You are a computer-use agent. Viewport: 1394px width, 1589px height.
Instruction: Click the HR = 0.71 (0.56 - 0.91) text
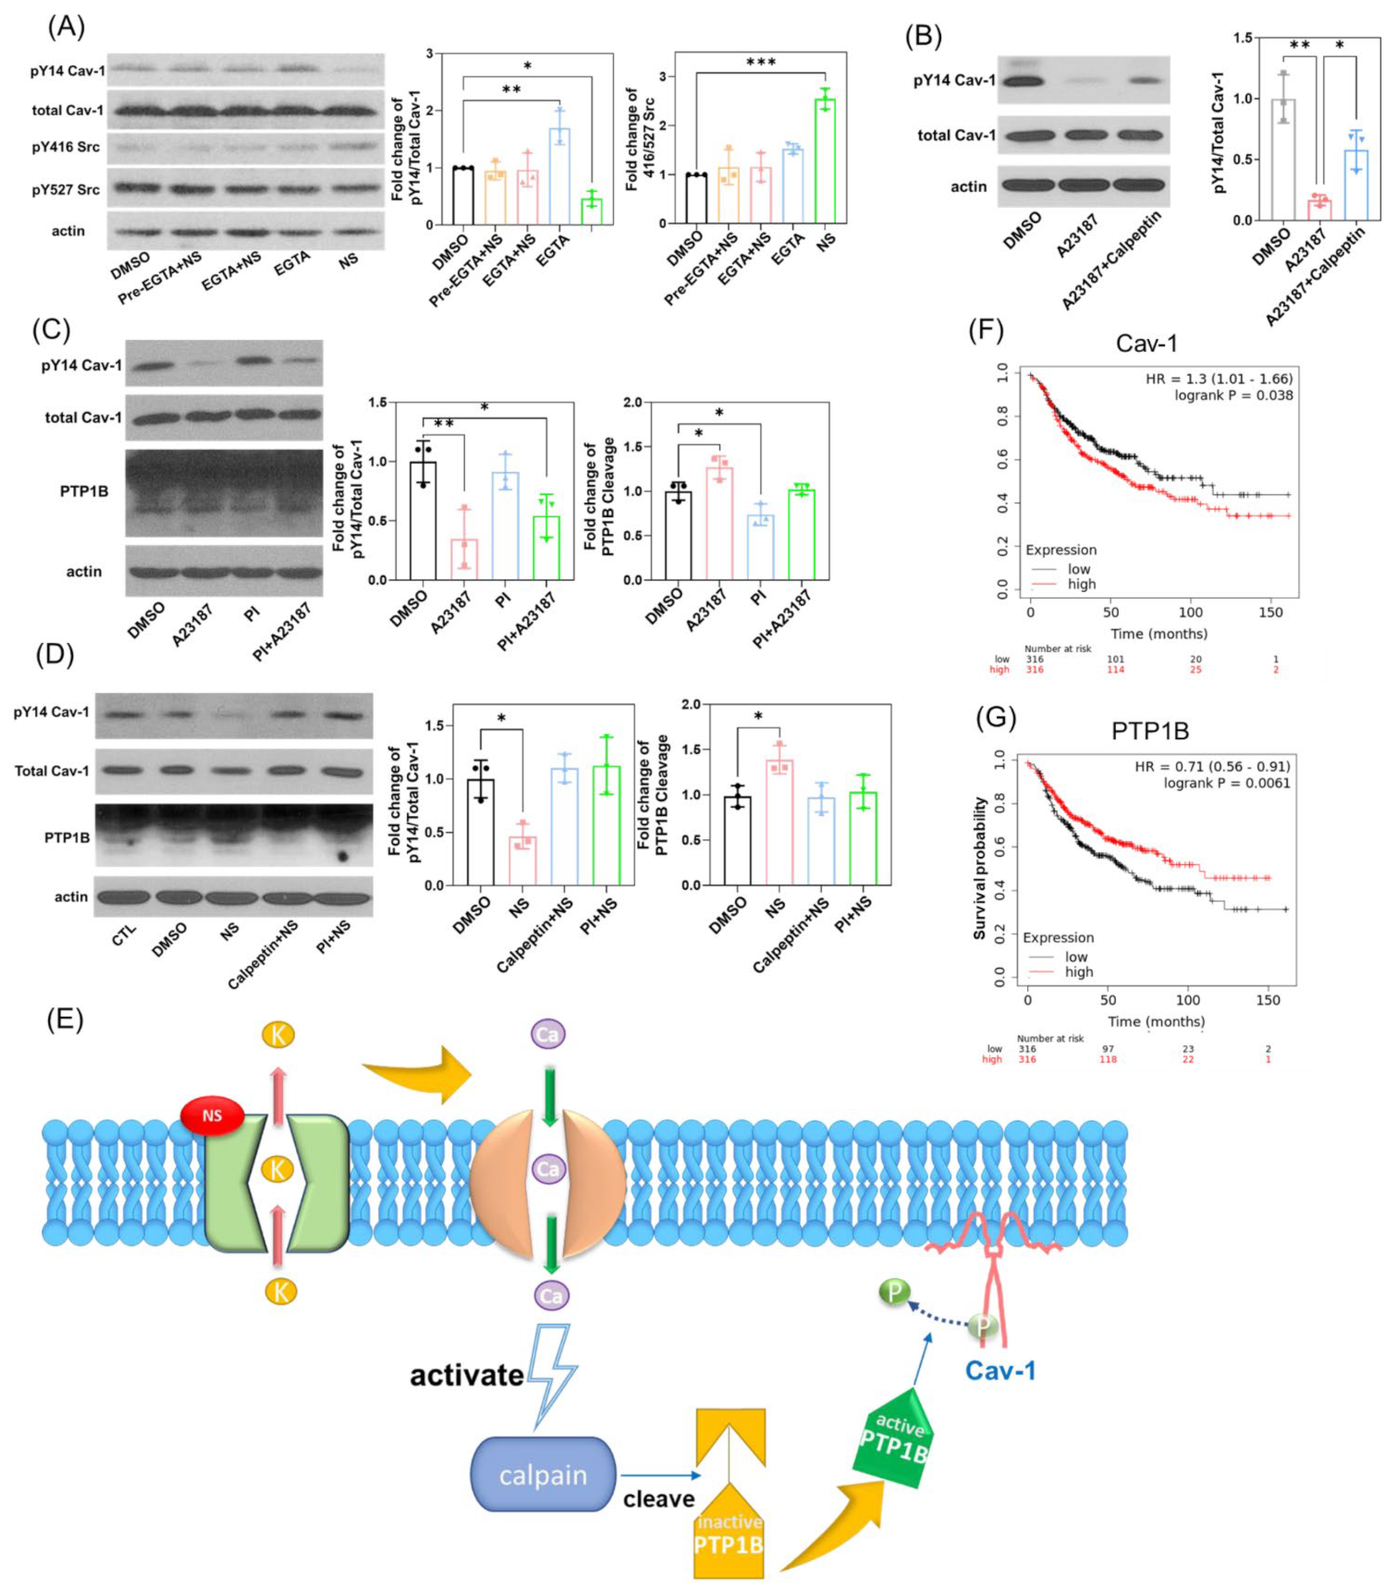click(1212, 767)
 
